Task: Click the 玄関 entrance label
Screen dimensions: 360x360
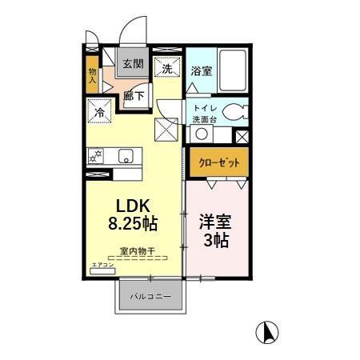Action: (x=133, y=64)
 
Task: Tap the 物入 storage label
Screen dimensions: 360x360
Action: (x=93, y=76)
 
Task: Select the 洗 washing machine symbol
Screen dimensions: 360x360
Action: (x=168, y=69)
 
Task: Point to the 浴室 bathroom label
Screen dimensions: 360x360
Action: (x=202, y=70)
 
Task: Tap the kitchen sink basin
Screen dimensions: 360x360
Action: (x=126, y=156)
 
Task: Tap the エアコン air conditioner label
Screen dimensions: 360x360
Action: (x=102, y=265)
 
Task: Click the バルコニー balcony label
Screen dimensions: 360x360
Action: (x=151, y=297)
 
